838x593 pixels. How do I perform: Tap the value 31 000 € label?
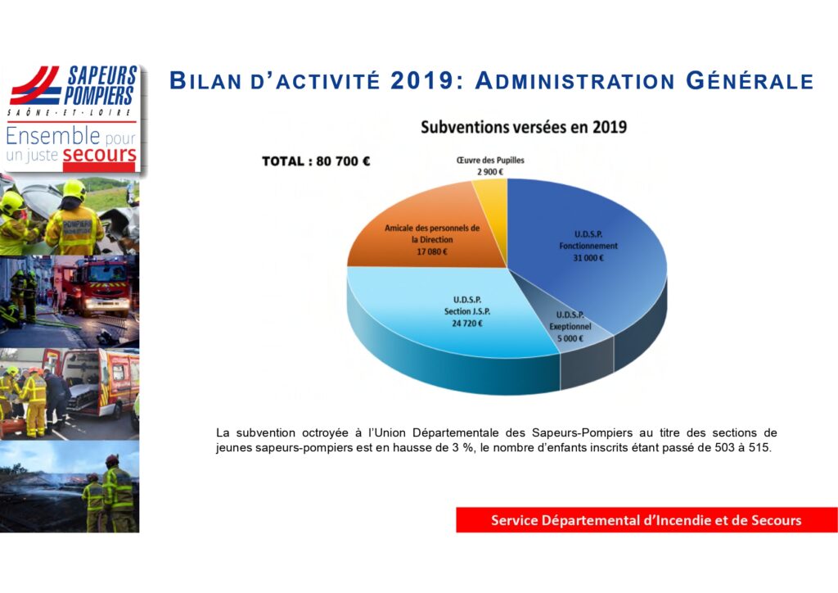click(588, 258)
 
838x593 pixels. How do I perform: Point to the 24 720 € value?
click(467, 324)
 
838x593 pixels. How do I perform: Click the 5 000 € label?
click(570, 338)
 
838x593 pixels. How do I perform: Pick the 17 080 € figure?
click(432, 251)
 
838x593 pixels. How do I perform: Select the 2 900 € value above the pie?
click(490, 172)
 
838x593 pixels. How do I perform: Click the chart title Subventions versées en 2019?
click(524, 127)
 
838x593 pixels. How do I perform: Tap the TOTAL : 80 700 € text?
click(316, 161)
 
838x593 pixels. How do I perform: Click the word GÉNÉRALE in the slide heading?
click(750, 81)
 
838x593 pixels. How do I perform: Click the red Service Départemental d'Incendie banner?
click(647, 520)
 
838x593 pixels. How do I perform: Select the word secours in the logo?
click(99, 155)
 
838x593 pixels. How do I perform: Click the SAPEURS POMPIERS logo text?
click(100, 85)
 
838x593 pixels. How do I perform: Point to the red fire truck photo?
click(70, 301)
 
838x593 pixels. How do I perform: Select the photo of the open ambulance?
click(70, 393)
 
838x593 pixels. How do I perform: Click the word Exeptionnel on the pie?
click(570, 326)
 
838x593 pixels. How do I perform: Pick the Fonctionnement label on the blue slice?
click(588, 246)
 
